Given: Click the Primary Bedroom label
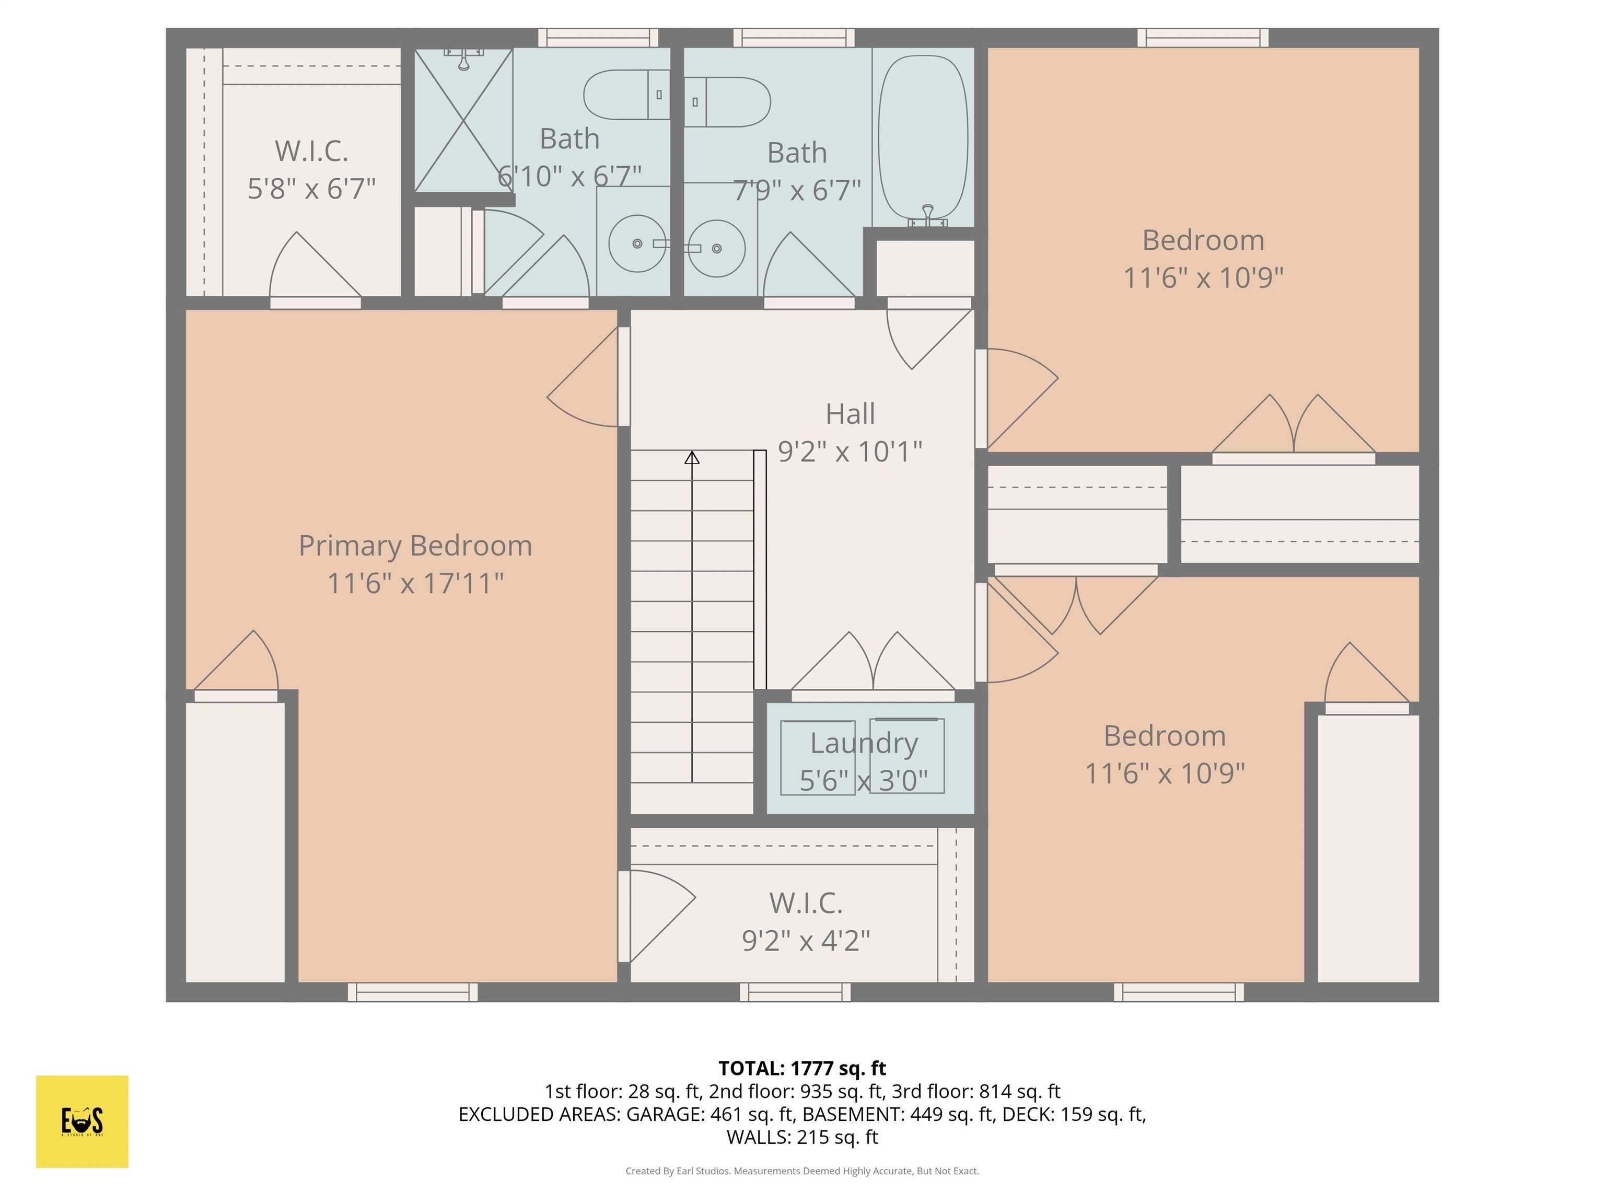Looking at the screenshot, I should pyautogui.click(x=415, y=546).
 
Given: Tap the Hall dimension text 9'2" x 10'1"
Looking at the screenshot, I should pyautogui.click(x=850, y=451).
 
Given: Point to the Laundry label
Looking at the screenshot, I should pyautogui.click(x=864, y=743).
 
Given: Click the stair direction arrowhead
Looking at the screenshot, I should pyautogui.click(x=692, y=458).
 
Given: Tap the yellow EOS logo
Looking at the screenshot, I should pyautogui.click(x=82, y=1121).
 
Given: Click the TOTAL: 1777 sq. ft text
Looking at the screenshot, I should pyautogui.click(x=802, y=1068).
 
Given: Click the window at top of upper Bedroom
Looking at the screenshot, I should pyautogui.click(x=1202, y=38).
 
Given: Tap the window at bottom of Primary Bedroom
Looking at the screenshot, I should pyautogui.click(x=412, y=992).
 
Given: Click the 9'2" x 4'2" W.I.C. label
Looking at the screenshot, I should pyautogui.click(x=806, y=941).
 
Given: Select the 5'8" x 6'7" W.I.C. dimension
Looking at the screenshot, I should pyautogui.click(x=311, y=189).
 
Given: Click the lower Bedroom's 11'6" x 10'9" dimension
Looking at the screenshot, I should pyautogui.click(x=1165, y=773).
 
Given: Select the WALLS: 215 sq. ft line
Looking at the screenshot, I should pyautogui.click(x=802, y=1137).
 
